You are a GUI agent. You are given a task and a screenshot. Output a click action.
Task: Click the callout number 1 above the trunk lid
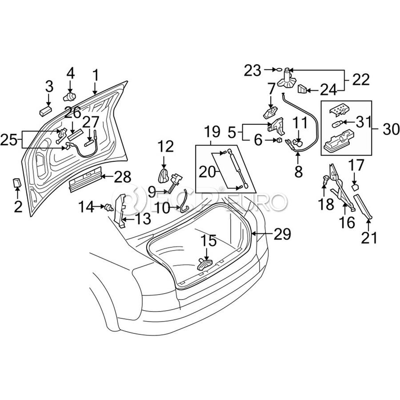[x=95, y=74]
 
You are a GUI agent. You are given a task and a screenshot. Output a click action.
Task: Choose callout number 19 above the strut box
[x=212, y=132]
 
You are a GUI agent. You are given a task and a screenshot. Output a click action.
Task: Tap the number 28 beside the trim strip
[x=122, y=178]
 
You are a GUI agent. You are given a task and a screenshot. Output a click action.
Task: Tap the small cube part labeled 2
[x=17, y=183]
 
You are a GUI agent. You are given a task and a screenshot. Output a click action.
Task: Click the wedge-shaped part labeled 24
[x=303, y=89]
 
